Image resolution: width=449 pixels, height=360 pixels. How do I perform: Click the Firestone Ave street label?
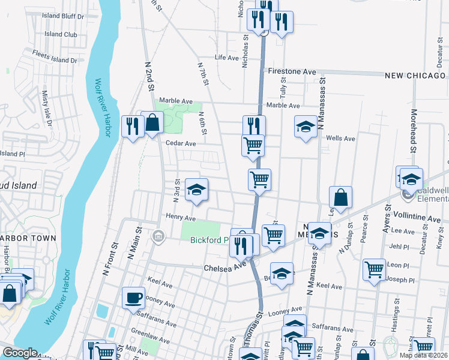292,71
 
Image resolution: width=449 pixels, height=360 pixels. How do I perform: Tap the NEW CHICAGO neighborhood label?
417,76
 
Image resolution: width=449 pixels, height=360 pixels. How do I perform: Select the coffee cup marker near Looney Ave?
133,297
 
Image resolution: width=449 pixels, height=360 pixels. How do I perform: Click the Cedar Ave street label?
181,144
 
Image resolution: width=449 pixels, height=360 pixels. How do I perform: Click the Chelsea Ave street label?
226,266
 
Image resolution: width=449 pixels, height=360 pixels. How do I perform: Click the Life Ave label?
228,58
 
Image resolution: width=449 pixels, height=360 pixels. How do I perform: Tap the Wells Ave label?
340,139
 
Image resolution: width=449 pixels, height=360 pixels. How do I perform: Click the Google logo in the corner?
20,353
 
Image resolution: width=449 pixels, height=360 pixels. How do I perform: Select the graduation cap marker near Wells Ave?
306,127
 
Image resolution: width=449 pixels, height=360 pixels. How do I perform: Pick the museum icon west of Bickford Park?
158,235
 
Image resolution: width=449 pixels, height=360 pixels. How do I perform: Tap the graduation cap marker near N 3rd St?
196,190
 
